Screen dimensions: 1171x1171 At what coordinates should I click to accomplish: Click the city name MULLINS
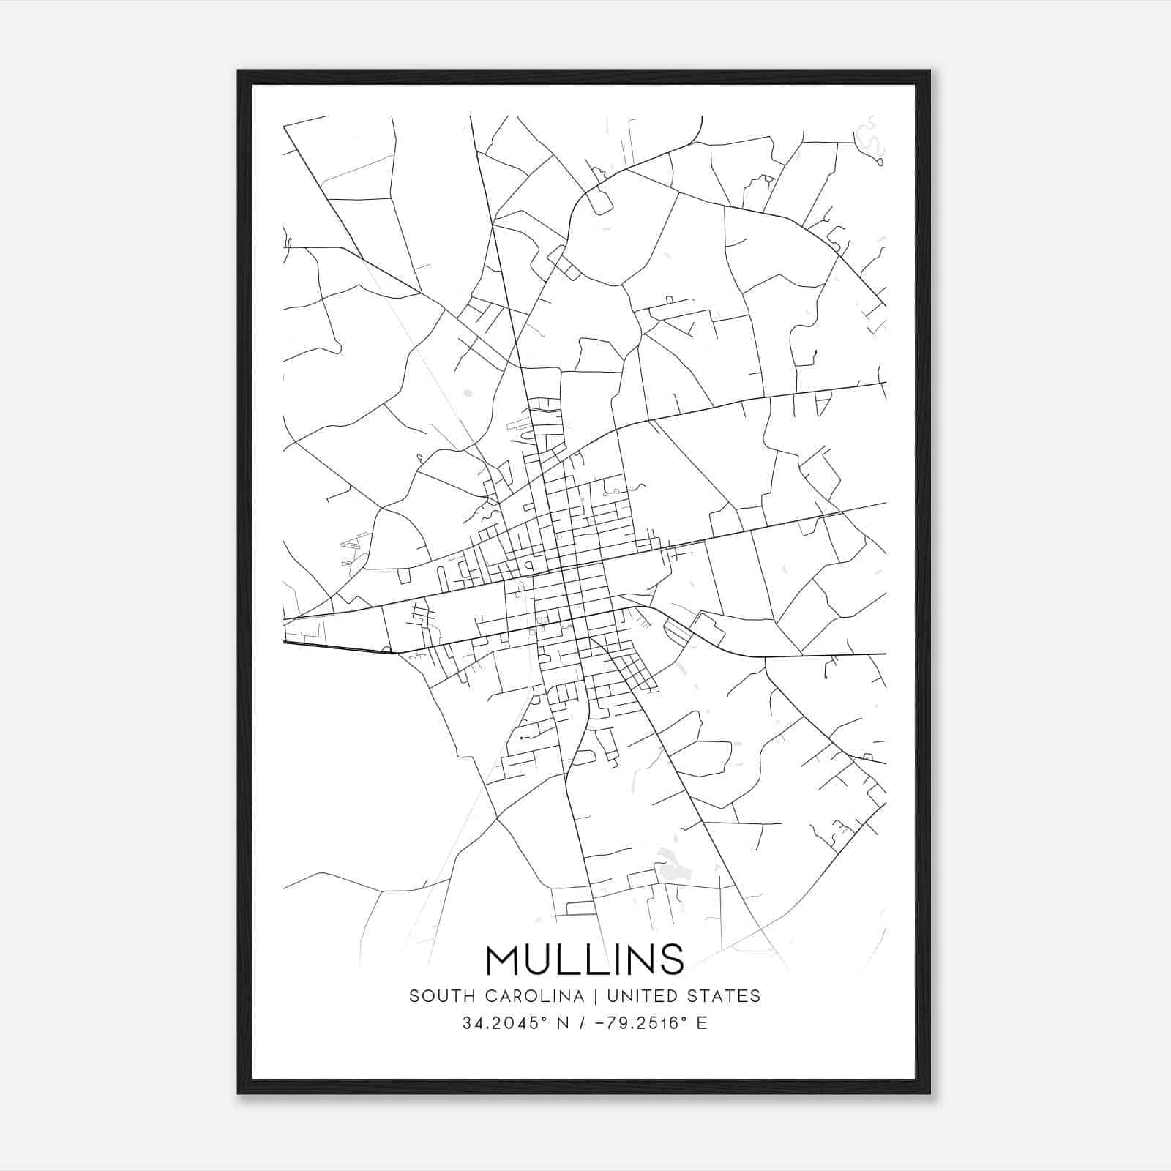click(585, 959)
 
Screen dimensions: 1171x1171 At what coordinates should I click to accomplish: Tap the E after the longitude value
click(701, 1023)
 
